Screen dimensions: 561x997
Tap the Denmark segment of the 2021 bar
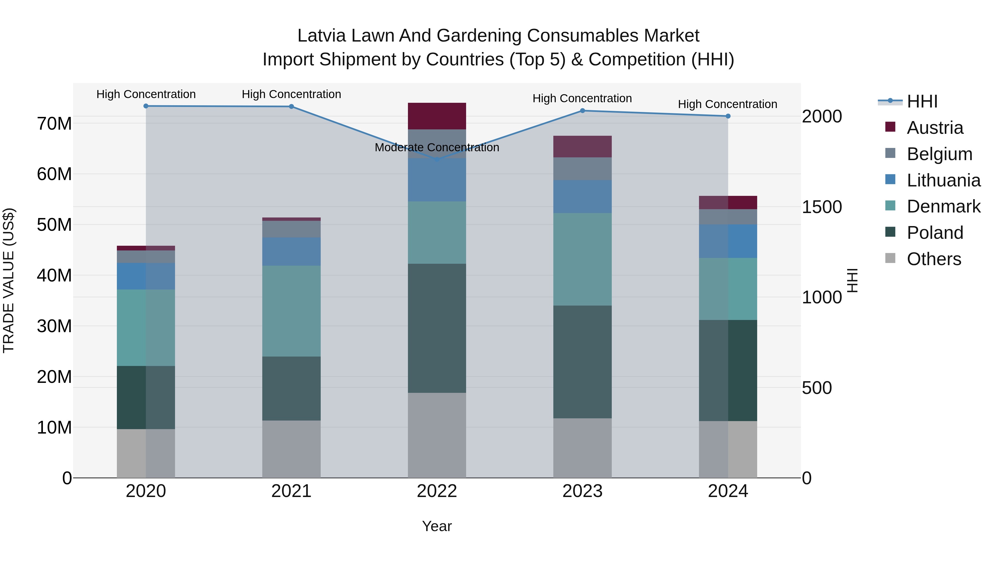coord(291,311)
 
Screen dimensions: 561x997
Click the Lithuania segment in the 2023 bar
coord(582,197)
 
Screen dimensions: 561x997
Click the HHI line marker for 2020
coord(146,106)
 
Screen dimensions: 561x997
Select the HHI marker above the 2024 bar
coord(728,116)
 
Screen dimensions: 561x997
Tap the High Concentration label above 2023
coord(582,98)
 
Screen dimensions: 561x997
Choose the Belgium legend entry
coord(939,154)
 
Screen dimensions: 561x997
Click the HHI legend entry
coord(922,101)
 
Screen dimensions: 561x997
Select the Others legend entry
coord(934,259)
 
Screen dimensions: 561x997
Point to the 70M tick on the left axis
coord(54,124)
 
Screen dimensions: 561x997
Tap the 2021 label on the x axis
coord(291,491)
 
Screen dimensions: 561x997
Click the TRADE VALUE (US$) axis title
coord(9,280)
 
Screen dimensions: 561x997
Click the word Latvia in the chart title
coord(321,36)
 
